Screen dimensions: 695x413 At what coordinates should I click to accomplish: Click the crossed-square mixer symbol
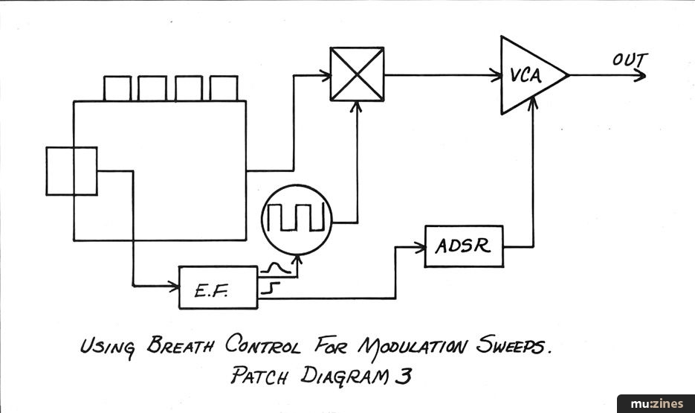point(357,74)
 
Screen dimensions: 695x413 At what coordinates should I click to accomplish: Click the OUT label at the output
point(630,60)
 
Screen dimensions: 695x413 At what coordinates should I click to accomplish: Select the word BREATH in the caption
point(180,345)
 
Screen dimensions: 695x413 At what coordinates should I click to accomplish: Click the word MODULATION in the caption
point(413,347)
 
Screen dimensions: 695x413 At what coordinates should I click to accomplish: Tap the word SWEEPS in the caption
point(513,345)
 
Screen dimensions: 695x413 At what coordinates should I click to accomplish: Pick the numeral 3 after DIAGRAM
point(404,377)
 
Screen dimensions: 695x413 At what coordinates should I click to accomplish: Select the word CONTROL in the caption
point(262,345)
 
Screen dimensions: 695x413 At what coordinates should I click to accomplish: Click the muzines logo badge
point(656,403)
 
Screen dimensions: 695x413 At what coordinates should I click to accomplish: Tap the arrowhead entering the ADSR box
point(420,247)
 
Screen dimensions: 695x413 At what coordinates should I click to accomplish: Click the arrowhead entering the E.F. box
point(174,286)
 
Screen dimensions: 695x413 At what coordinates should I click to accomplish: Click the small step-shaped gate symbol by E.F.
point(271,287)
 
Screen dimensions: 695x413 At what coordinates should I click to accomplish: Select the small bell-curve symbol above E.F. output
point(275,267)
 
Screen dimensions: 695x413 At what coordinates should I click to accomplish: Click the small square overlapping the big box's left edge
point(71,171)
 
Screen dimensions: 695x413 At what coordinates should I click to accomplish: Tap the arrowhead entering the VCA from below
point(533,103)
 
